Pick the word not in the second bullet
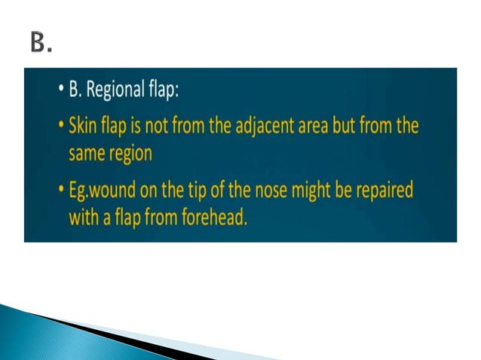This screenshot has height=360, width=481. tap(153, 125)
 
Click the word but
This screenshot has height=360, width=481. tap(369, 125)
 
